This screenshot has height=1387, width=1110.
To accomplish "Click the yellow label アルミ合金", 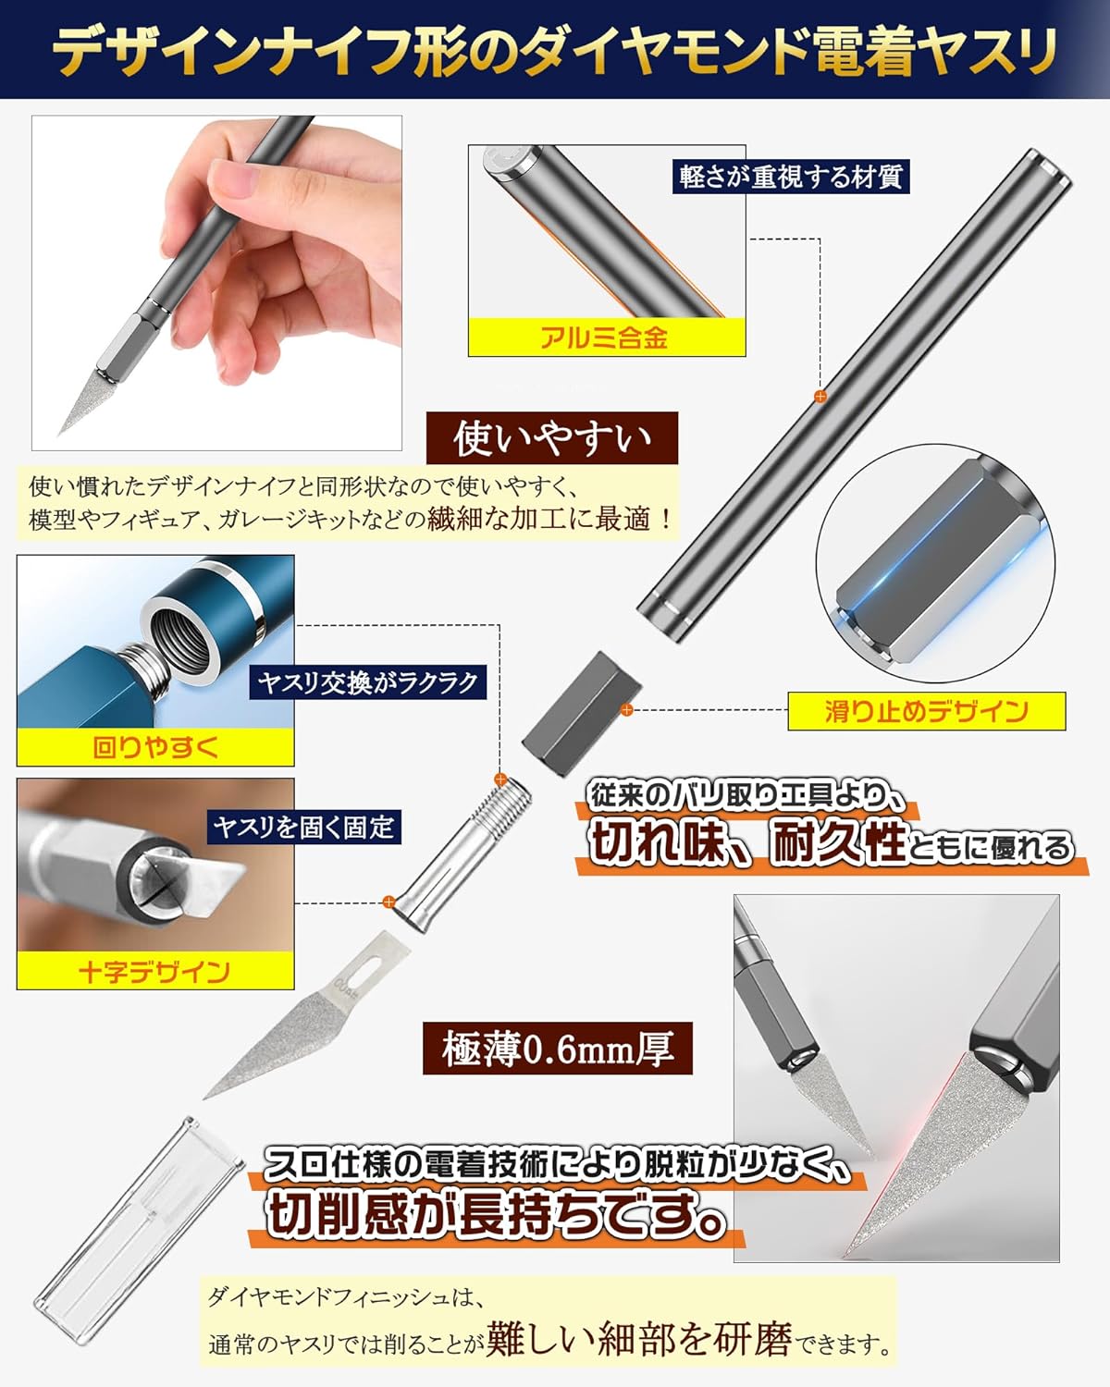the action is (606, 338).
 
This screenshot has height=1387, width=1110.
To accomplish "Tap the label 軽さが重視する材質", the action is (791, 177).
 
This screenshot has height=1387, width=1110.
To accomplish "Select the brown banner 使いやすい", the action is (552, 438).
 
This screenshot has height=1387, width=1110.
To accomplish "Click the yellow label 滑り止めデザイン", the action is (926, 712).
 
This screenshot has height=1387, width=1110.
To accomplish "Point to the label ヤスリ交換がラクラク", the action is (367, 681).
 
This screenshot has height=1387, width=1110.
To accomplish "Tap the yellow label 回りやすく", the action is (155, 747).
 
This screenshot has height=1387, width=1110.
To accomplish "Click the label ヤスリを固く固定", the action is (303, 827).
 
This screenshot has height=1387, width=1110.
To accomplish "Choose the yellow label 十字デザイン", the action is (155, 971).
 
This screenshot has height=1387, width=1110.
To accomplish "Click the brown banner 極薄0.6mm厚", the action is (558, 1049).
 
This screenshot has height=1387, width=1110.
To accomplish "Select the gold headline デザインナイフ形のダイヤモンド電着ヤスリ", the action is (555, 50).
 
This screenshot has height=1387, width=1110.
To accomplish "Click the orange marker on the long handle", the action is (820, 397).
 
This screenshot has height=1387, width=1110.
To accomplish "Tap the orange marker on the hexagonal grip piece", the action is (626, 709).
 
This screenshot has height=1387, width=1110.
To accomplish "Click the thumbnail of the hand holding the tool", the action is (216, 283).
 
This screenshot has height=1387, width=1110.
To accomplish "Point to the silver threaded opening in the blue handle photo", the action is (176, 636).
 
